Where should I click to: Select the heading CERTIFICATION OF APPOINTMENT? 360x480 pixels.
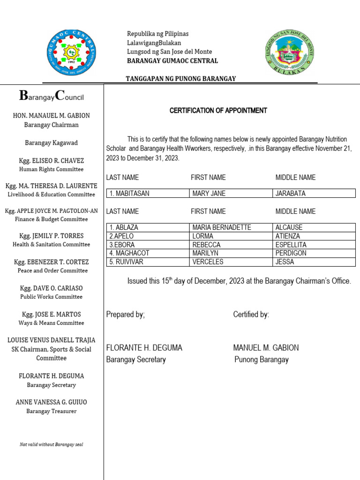218,111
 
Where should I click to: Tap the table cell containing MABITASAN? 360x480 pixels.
148,193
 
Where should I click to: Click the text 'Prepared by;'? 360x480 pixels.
126,315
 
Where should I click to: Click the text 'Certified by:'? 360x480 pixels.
251,315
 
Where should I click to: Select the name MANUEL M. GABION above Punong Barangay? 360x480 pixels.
266,348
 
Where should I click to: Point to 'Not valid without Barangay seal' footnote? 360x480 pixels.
52,444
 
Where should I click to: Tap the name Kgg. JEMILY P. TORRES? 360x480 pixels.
52,236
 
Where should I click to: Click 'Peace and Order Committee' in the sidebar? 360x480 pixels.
52,270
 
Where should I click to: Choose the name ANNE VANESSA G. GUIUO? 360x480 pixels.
52,402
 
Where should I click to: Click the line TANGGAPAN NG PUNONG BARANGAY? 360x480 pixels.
180,79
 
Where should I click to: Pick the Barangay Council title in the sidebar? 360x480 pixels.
52,96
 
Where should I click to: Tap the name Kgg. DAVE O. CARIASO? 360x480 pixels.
52,288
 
